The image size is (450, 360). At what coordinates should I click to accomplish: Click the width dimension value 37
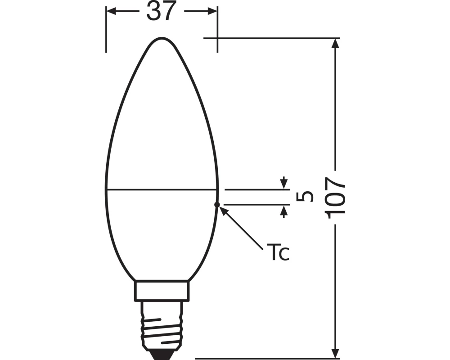point(161,12)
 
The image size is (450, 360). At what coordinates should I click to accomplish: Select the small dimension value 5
point(306,197)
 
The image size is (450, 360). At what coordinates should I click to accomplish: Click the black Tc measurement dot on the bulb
point(217,204)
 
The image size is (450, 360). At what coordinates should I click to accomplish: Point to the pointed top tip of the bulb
point(162,38)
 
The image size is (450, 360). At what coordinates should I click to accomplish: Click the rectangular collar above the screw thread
point(162,291)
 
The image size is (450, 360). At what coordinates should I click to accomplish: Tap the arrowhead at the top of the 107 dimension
point(335,43)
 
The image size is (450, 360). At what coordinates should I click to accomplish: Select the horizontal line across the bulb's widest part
point(162,189)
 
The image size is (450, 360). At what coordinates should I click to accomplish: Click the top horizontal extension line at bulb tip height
point(270,38)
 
